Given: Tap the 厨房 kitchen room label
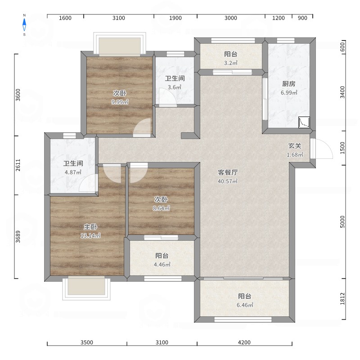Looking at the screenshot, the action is click(289, 84).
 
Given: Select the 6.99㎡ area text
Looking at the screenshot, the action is click(289, 93).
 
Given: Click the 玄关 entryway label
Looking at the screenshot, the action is click(295, 146).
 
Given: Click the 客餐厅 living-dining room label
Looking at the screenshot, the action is click(228, 172).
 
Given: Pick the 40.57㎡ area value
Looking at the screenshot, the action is click(228, 181).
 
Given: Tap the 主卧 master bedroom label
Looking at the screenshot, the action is click(90, 227).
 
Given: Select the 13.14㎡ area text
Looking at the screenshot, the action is click(90, 235).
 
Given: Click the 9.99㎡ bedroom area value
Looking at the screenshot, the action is click(120, 102).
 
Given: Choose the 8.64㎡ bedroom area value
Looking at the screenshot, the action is click(161, 208).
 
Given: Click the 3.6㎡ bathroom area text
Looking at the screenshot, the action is click(175, 87).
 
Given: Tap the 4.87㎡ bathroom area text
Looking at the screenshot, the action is click(73, 172).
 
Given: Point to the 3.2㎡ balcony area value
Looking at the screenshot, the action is click(231, 63).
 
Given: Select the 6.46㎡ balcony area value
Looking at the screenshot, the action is click(245, 305).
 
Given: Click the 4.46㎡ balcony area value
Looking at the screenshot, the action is click(162, 265).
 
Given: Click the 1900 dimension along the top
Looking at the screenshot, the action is click(175, 18).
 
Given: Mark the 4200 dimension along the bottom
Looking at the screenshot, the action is click(244, 342).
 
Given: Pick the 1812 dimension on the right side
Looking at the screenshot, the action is click(342, 299).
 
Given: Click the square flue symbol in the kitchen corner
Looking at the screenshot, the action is click(304, 122).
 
